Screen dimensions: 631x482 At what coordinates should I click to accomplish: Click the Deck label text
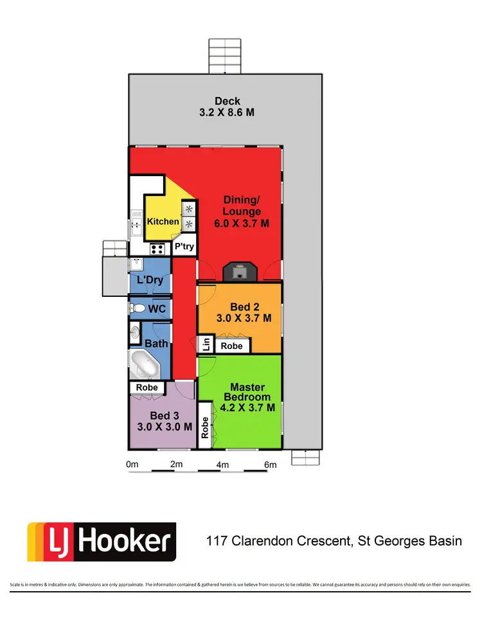228,101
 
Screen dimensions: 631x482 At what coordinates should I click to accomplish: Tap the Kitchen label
163,222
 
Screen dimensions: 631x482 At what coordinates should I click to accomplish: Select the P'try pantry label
184,247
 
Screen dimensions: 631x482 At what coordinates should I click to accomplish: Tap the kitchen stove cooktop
157,248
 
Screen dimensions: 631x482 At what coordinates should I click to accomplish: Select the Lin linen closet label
206,344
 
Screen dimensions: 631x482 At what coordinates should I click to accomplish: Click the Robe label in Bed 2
231,346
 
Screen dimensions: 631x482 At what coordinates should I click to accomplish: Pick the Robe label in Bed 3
147,388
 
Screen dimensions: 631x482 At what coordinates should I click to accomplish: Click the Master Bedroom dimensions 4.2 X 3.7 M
247,407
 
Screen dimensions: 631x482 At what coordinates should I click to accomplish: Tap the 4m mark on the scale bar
222,465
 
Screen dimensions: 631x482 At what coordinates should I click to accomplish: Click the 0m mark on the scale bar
132,465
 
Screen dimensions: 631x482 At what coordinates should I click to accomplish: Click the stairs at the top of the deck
225,57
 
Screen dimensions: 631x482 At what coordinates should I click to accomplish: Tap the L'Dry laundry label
150,280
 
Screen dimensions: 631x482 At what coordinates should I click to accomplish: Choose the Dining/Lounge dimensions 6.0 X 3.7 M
242,224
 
